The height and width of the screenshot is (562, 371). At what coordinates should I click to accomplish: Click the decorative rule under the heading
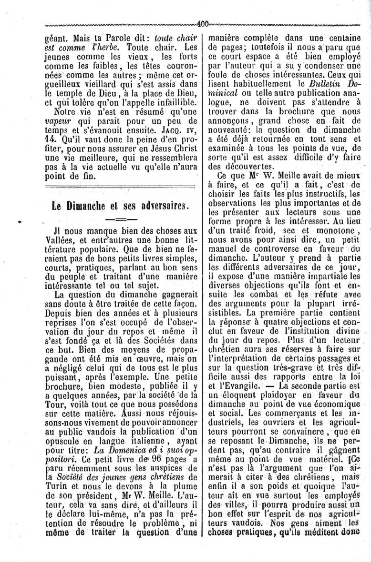[x=120, y=220]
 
